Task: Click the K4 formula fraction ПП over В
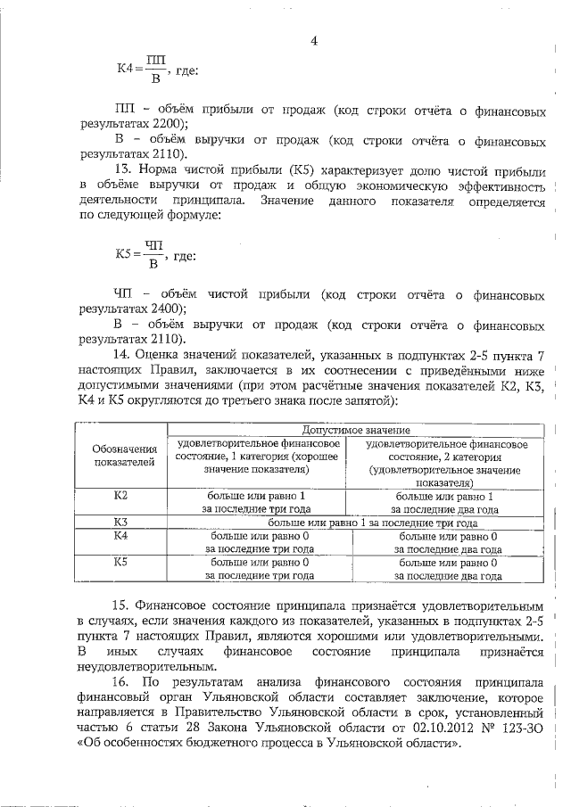click(x=152, y=70)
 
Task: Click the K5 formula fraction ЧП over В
click(x=153, y=255)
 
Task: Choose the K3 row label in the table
click(x=123, y=522)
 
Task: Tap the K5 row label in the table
click(x=123, y=564)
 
